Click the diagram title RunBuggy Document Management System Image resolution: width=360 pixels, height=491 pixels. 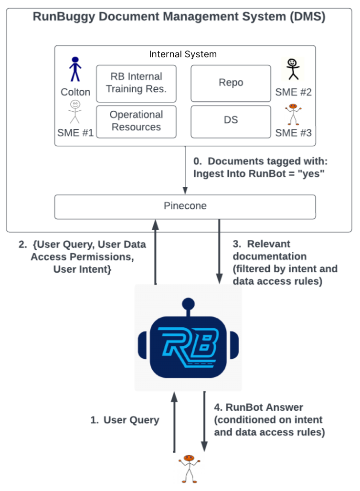pyautogui.click(x=179, y=17)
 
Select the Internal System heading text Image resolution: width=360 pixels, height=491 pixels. pyautogui.click(x=183, y=54)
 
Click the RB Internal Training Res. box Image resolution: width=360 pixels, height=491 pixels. pyautogui.click(x=136, y=83)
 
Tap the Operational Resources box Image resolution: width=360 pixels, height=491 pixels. pyautogui.click(x=136, y=121)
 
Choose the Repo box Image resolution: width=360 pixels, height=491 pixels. pyautogui.click(x=231, y=83)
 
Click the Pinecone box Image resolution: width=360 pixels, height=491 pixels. pyautogui.click(x=185, y=206)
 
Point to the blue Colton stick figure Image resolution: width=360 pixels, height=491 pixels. pyautogui.click(x=75, y=70)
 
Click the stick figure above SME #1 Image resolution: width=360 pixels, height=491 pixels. pyautogui.click(x=75, y=112)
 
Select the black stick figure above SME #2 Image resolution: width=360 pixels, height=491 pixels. pyautogui.click(x=292, y=70)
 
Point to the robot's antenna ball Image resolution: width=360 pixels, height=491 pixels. pyautogui.click(x=188, y=303)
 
